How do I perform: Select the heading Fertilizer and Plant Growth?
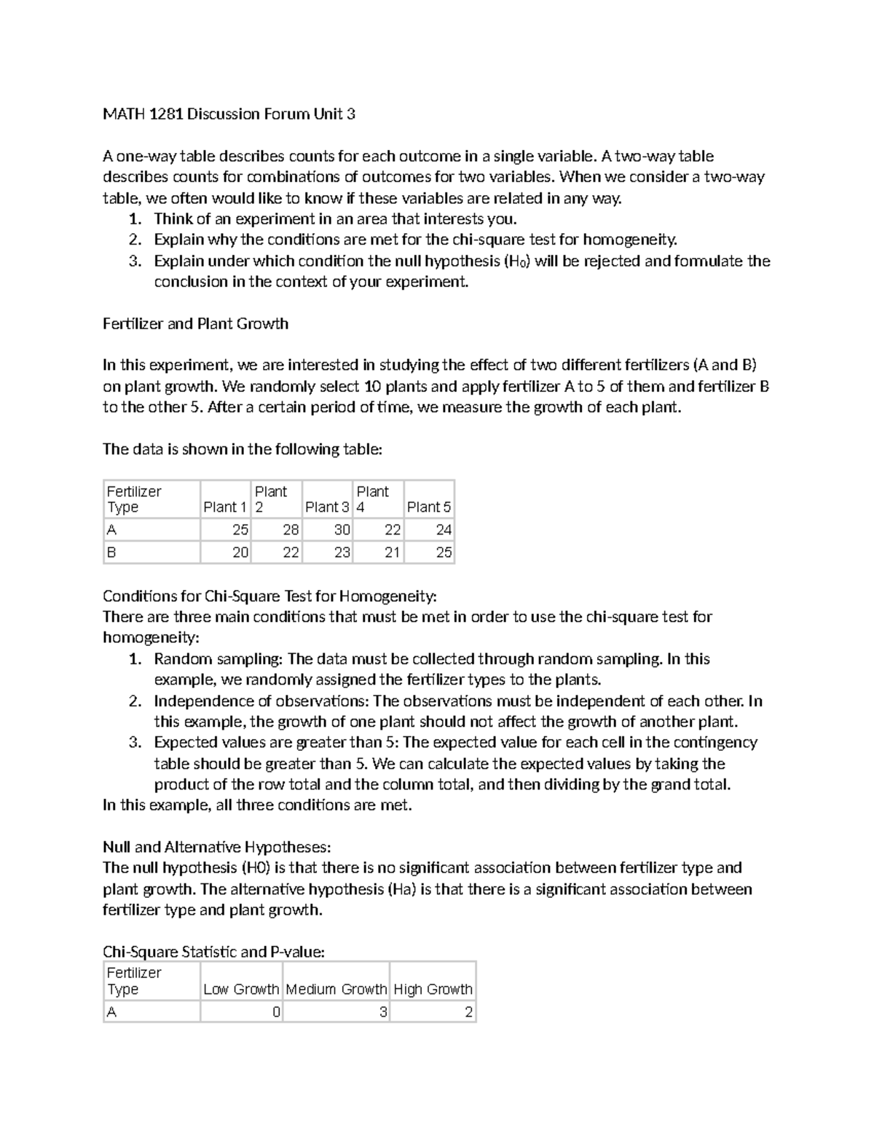195,323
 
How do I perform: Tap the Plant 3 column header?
327,507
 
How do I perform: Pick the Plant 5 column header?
428,507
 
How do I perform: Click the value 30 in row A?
342,530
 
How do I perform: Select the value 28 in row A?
291,530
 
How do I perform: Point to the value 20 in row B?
240,553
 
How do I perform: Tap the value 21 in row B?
392,553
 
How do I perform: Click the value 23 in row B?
342,553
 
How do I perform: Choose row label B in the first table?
111,553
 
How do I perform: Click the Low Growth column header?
241,989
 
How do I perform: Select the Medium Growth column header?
336,989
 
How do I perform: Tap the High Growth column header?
433,989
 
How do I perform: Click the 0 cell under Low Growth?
276,1012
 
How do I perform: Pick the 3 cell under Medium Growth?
383,1012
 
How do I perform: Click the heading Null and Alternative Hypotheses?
216,847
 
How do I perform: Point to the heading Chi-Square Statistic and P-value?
213,952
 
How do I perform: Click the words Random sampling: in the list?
218,659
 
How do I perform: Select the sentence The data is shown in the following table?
242,449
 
